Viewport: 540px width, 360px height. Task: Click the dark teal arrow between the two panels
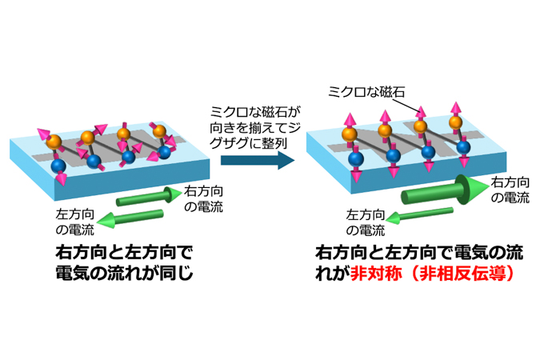pyautogui.click(x=250, y=161)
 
